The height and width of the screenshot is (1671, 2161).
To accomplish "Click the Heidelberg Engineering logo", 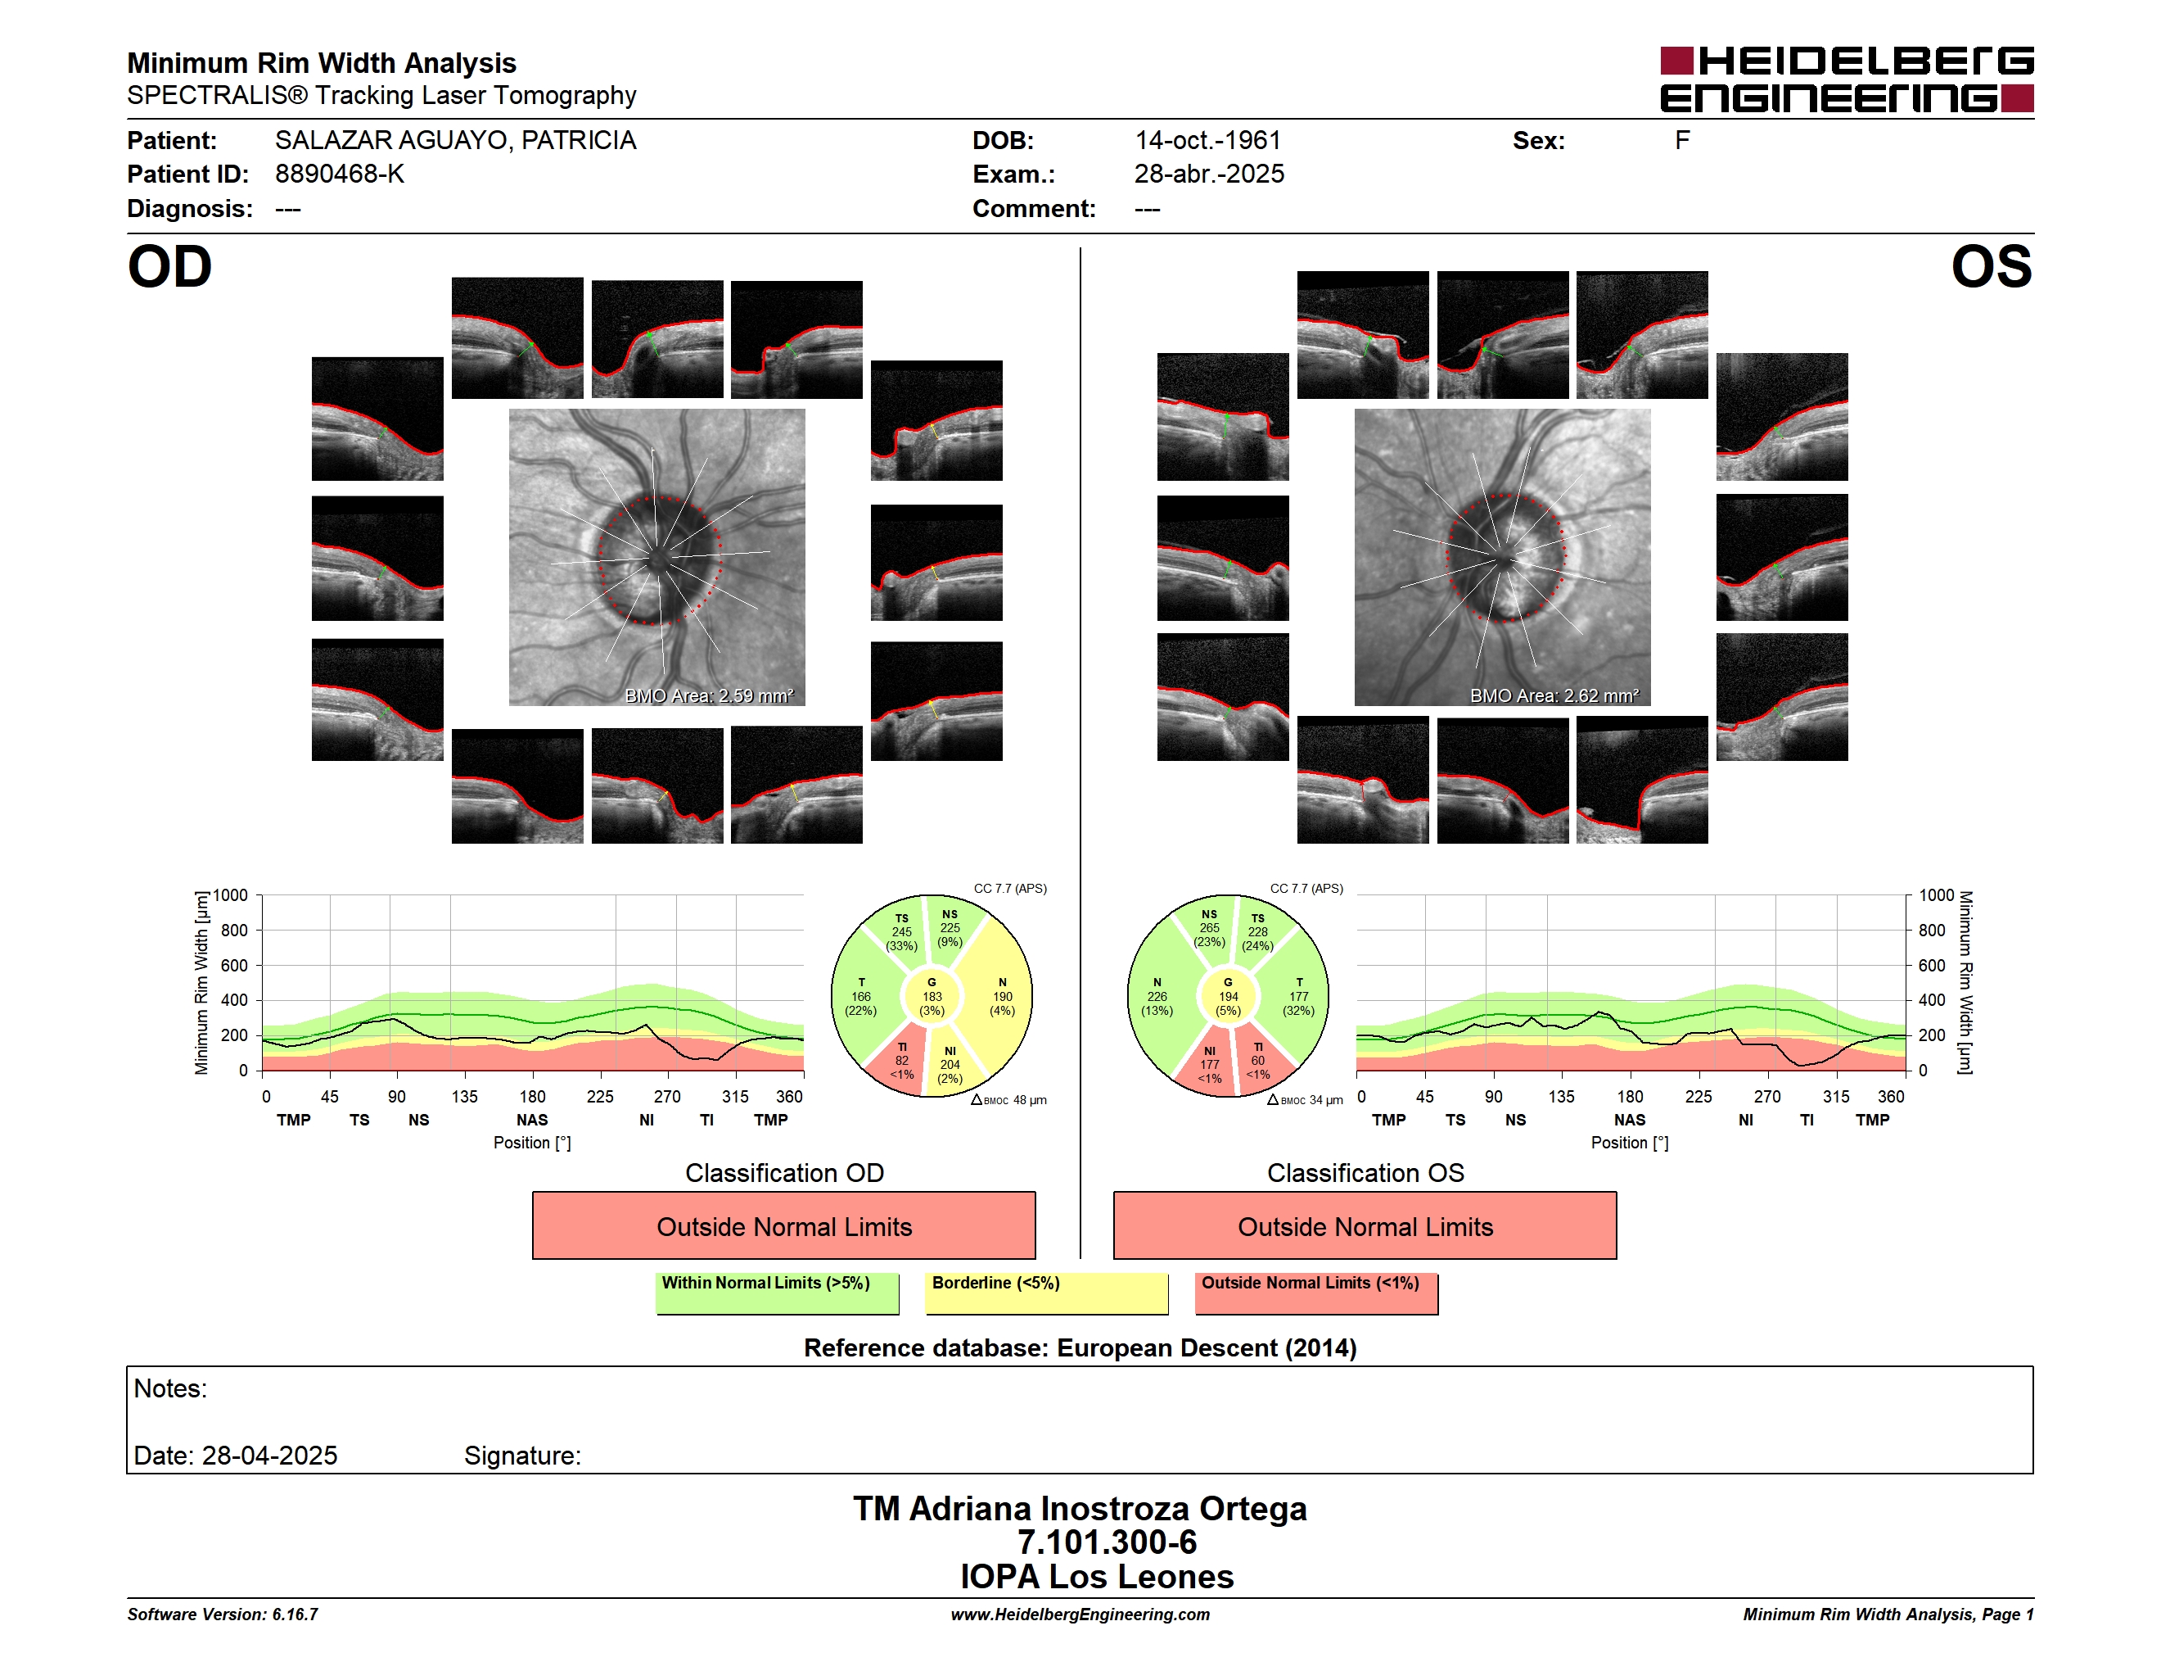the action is [x=1847, y=79].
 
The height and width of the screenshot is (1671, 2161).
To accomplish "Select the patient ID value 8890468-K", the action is [x=340, y=174].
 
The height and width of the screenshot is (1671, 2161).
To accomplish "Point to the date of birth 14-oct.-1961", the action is [x=1207, y=141].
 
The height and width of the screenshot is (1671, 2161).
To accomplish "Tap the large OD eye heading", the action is [x=169, y=267].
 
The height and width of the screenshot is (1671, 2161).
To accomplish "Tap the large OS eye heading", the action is [x=1991, y=267].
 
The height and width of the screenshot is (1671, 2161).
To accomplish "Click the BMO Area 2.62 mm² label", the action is [x=1554, y=696].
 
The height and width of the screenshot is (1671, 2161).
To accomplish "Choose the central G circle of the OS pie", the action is [x=1228, y=996].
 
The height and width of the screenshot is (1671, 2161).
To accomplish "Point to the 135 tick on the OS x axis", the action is [x=1561, y=1097].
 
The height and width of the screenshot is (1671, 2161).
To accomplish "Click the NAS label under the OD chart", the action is [x=532, y=1120].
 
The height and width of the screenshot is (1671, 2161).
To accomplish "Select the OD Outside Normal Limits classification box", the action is [x=783, y=1225].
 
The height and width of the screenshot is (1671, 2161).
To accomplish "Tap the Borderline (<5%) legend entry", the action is [x=1047, y=1293].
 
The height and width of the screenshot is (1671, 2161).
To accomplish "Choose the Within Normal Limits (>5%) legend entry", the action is [x=777, y=1293].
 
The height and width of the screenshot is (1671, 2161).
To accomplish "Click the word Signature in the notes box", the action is [x=521, y=1456].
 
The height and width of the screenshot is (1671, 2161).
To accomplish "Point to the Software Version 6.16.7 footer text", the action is [x=223, y=1614].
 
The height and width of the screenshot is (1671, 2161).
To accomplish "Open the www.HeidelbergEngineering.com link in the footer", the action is [x=1080, y=1614].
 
